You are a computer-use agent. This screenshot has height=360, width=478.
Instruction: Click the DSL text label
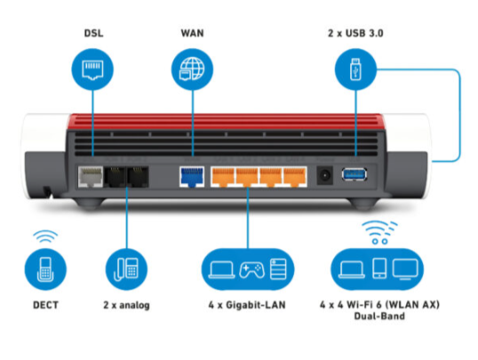click(93, 33)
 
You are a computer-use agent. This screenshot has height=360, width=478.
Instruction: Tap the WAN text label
click(192, 33)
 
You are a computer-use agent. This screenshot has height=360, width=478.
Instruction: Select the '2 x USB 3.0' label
click(355, 33)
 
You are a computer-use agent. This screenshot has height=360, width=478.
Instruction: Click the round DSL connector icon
click(92, 69)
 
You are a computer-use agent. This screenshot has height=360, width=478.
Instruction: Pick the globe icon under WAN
click(192, 69)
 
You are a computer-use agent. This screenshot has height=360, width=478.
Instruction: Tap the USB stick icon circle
click(355, 69)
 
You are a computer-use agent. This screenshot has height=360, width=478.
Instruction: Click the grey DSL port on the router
click(91, 177)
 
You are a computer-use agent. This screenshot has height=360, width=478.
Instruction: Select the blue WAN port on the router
click(192, 177)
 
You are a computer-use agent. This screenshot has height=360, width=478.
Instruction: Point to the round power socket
click(324, 175)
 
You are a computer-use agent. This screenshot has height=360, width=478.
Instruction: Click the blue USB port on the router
click(355, 174)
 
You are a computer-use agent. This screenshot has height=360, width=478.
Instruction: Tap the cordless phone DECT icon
click(45, 269)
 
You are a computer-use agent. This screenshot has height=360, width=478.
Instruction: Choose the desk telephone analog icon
click(126, 269)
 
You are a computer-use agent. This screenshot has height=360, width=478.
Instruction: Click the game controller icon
click(251, 270)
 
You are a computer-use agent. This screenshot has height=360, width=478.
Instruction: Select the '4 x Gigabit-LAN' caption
click(247, 305)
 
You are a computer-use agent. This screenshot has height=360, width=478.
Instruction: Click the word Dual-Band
click(379, 316)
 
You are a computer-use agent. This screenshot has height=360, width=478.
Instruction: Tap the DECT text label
click(45, 305)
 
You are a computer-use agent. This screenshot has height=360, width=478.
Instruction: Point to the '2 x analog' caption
click(126, 305)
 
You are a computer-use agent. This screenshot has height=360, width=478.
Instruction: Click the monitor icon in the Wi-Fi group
click(405, 269)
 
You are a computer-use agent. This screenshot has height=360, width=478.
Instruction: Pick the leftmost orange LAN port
click(223, 177)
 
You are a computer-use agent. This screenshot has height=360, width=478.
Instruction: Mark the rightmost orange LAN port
click(295, 177)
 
